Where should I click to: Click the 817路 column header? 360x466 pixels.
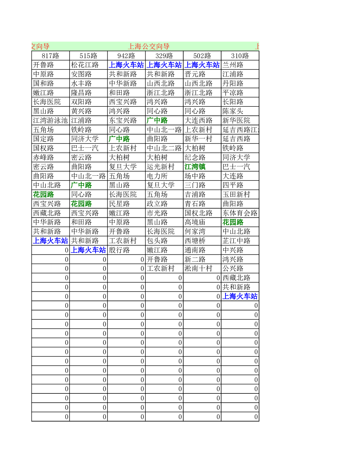pos(50,56)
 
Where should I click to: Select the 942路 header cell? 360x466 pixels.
pos(126,56)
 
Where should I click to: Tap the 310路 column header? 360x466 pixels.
pos(240,56)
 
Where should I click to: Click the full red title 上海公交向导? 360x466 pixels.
pos(149,46)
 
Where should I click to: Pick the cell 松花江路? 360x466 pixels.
pos(85,65)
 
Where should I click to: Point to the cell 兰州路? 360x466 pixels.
pos(233,65)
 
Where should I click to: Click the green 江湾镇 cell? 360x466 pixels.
pos(195,167)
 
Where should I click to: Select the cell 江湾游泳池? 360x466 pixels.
pos(50,121)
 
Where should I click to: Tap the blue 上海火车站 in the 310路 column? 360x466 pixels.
pos(240,296)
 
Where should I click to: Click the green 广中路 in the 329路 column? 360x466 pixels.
pos(157,121)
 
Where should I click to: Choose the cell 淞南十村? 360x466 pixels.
pos(198,269)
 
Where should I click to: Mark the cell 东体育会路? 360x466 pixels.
pos(240,213)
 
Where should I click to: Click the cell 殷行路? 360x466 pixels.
pos(119,250)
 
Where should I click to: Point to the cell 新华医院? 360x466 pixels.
pos(236,121)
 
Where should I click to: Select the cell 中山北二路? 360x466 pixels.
pos(164,148)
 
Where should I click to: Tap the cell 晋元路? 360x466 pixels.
pos(195,74)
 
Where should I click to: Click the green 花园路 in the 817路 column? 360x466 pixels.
pos(43,195)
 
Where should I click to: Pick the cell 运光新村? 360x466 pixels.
pos(161,167)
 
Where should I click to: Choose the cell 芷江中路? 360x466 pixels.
pos(236,241)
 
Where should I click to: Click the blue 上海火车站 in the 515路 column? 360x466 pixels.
pos(88,250)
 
